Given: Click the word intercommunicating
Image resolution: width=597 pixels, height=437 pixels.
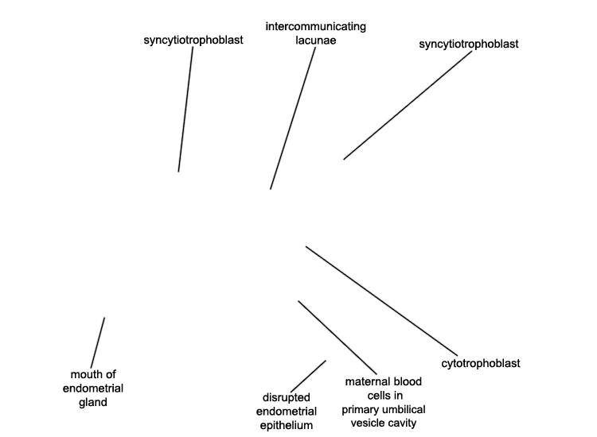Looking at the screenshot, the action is [316, 26].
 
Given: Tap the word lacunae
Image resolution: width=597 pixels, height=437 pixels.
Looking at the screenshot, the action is [316, 41].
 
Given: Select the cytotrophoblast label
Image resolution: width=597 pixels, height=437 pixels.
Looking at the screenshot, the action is [481, 364].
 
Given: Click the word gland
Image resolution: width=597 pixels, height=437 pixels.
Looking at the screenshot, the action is [93, 402].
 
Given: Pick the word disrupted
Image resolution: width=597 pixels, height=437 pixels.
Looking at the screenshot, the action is [287, 397].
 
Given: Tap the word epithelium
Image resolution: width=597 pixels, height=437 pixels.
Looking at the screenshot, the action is [287, 426].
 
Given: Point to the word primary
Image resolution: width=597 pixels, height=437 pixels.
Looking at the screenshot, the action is [361, 410].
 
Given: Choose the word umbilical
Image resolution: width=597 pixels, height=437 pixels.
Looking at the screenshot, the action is [404, 409].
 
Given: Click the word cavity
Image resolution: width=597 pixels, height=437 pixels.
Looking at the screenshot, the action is [403, 423].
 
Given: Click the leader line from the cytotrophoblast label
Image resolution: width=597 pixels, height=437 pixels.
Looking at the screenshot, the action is [381, 301].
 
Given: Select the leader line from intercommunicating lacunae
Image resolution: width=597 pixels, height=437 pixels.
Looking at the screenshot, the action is [293, 118].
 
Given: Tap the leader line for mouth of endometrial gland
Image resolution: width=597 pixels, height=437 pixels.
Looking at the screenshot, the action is [98, 342].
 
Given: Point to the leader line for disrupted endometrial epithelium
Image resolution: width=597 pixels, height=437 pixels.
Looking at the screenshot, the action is [308, 376].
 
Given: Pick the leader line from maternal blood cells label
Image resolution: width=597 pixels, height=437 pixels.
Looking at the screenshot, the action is [338, 338].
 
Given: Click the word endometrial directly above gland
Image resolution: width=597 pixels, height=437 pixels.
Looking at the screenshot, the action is [93, 389].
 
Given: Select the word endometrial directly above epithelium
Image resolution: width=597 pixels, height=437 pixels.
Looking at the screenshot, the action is [287, 412].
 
